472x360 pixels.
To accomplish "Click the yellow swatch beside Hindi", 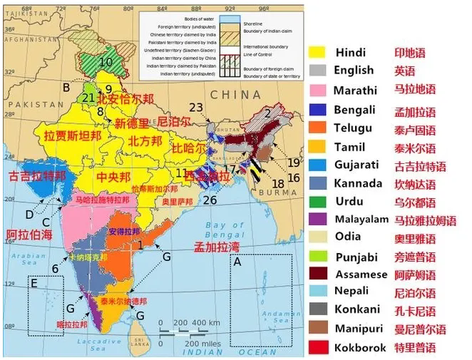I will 317,52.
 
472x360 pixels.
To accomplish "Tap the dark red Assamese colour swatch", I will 317,274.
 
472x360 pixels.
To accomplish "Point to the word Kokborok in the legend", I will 360,348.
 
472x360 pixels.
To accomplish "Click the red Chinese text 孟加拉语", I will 415,111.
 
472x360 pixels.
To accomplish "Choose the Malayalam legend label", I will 361,219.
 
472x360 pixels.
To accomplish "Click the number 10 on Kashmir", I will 106,62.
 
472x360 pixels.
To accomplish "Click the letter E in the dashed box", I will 34,284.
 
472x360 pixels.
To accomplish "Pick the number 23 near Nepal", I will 196,107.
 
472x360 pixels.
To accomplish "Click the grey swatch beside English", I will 317,70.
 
